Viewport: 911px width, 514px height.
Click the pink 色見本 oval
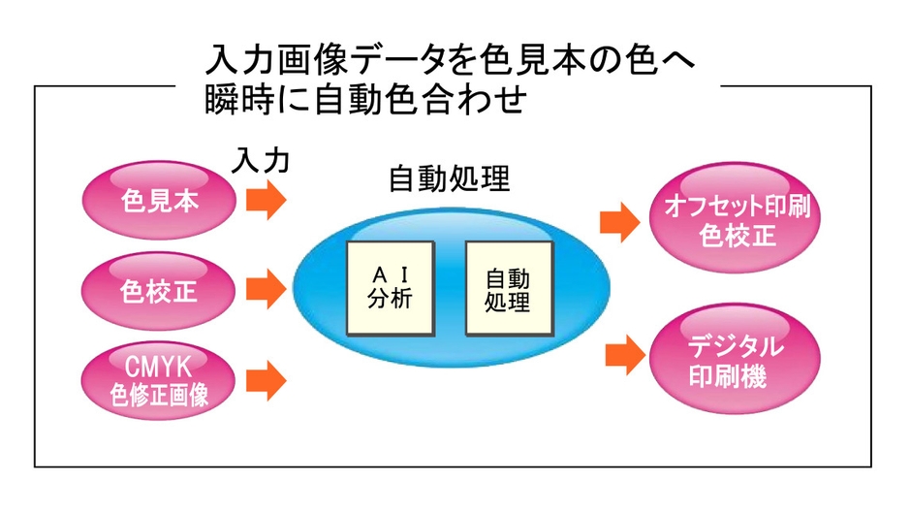point(160,201)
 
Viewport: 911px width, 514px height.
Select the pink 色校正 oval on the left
point(160,289)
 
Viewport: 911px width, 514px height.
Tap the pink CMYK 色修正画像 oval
point(160,379)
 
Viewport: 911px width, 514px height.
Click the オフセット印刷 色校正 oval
point(738,221)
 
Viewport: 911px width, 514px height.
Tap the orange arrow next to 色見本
point(265,201)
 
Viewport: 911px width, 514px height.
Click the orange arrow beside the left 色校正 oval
point(265,289)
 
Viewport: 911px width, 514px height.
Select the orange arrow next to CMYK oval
point(265,379)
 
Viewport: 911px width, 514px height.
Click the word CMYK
point(160,367)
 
